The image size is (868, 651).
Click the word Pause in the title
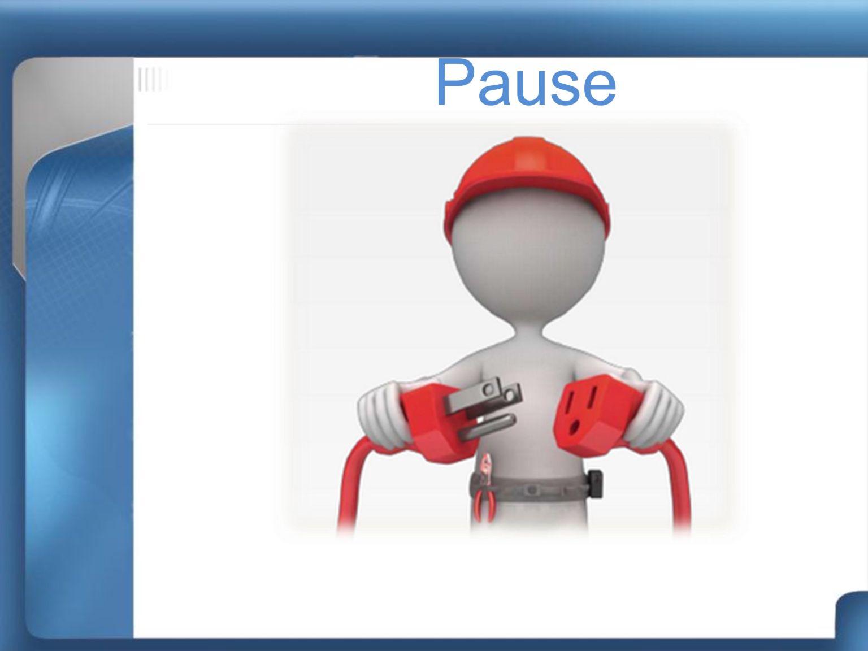526,83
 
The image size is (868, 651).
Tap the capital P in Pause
455,82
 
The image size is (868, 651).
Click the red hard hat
527,186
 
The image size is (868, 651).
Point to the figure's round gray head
528,257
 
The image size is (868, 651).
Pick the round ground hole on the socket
574,427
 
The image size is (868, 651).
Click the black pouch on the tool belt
594,484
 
